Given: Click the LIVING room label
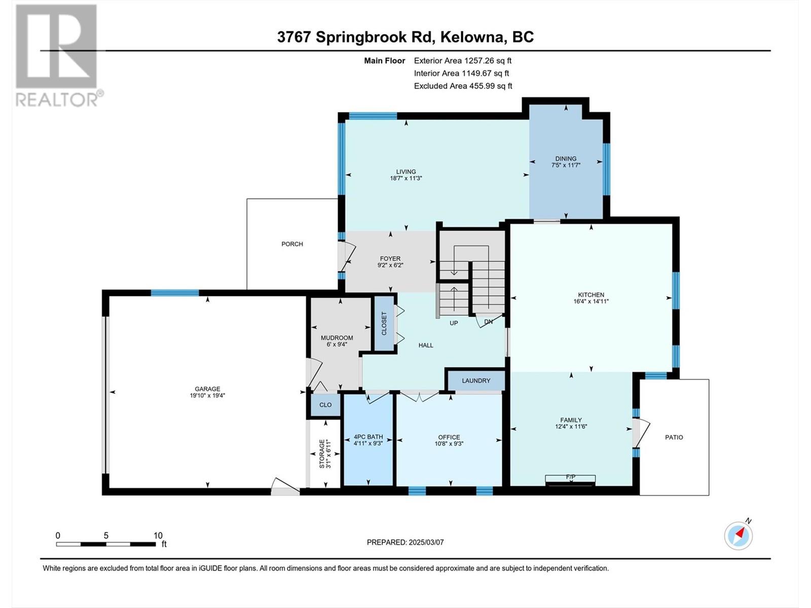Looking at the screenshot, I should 405,172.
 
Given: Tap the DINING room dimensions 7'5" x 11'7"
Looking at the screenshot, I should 566,165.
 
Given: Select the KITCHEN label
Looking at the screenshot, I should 591,295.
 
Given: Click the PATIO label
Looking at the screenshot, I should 674,437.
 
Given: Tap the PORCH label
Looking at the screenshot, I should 292,244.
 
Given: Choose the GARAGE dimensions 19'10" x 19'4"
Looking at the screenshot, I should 207,396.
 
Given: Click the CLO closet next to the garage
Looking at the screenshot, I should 325,405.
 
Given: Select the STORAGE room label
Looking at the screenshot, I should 321,453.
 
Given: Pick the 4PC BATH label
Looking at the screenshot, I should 368,437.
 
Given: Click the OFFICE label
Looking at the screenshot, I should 449,437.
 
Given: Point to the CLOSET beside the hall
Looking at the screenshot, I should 384,323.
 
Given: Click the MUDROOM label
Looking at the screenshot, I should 337,338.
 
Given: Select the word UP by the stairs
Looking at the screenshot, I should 454,323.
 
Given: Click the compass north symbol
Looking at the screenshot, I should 739,535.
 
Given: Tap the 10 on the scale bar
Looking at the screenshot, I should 158,536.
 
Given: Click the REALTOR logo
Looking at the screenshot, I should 57,56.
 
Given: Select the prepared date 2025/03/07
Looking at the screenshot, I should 425,542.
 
